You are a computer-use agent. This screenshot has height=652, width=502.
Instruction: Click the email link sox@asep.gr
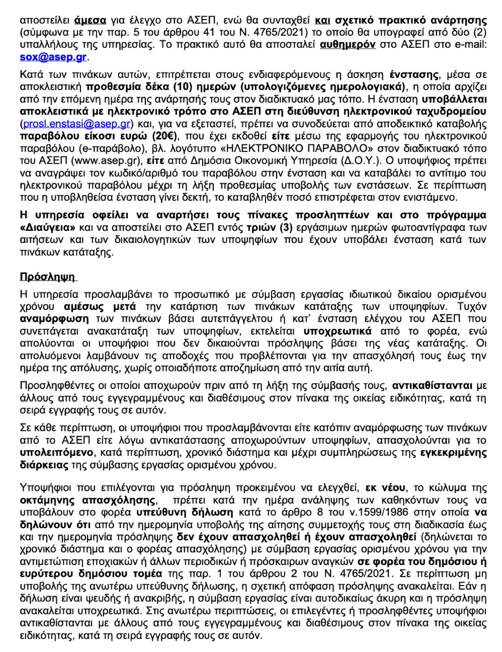point(53,57)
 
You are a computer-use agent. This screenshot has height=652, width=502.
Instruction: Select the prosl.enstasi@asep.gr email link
point(76,124)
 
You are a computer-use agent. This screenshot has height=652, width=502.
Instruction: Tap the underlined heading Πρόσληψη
point(47,277)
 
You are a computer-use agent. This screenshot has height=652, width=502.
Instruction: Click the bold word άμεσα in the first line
point(90,20)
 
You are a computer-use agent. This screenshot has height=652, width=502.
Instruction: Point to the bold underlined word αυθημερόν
point(347,45)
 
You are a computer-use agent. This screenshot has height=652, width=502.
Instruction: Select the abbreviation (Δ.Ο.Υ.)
point(358,160)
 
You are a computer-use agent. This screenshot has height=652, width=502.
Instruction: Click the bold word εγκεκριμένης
point(453,452)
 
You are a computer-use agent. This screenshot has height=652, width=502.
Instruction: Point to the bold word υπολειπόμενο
point(57,452)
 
